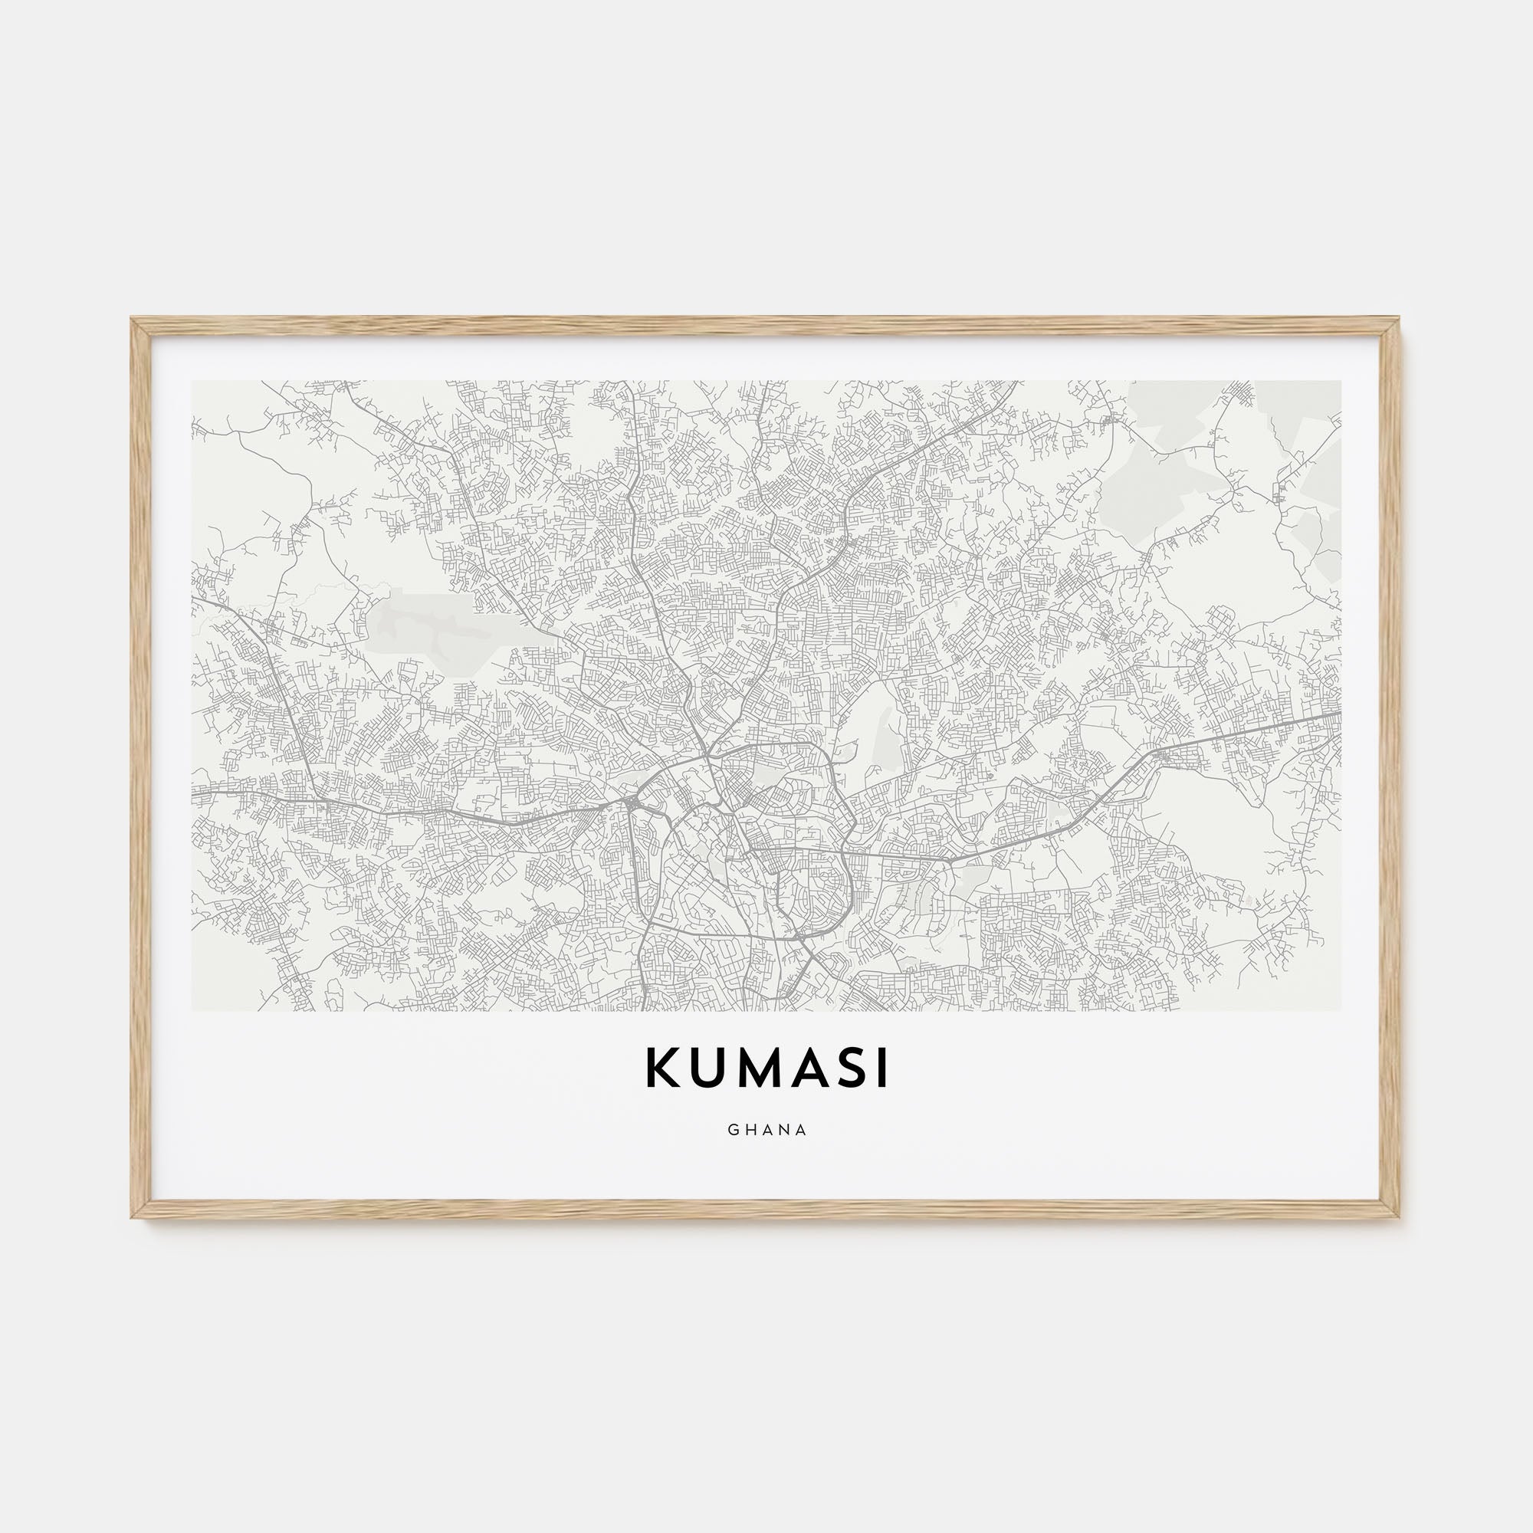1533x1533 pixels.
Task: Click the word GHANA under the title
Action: (x=766, y=1130)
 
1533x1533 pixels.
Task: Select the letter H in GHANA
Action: (x=750, y=1130)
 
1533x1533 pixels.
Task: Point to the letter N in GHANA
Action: (x=784, y=1130)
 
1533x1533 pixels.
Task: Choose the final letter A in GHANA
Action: (x=802, y=1130)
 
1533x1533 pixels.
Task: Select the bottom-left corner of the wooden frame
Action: (x=133, y=1218)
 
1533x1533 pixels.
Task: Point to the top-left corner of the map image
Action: (x=192, y=381)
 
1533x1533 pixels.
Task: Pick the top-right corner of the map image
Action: (x=1341, y=381)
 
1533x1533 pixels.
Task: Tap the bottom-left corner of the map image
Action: (x=192, y=1012)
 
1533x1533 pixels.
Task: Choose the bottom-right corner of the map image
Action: (x=1341, y=1012)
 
